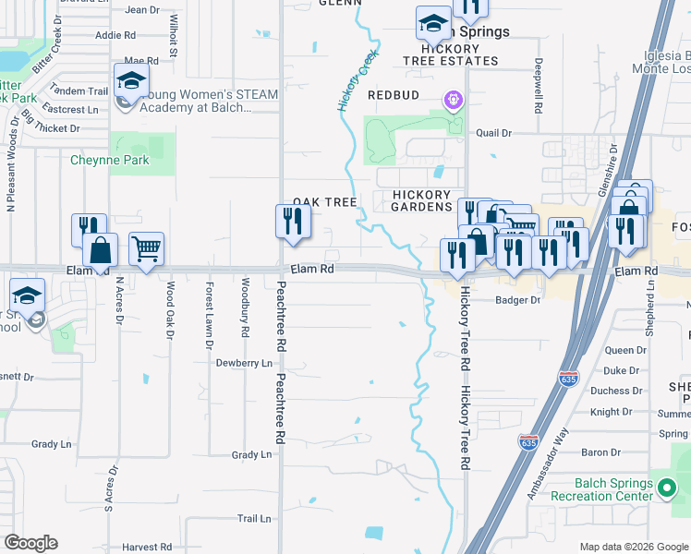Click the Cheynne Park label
coord(109,160)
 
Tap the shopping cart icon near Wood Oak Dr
coord(146,247)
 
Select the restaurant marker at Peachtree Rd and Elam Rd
coord(293,222)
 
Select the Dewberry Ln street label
coord(244,364)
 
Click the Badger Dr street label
coord(516,300)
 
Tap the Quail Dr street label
coord(494,133)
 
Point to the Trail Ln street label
coord(253,519)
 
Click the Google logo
coord(30,543)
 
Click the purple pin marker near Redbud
coord(453,99)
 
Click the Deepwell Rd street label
coord(538,87)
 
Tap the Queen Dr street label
coord(625,351)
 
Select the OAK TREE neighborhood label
coord(325,202)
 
